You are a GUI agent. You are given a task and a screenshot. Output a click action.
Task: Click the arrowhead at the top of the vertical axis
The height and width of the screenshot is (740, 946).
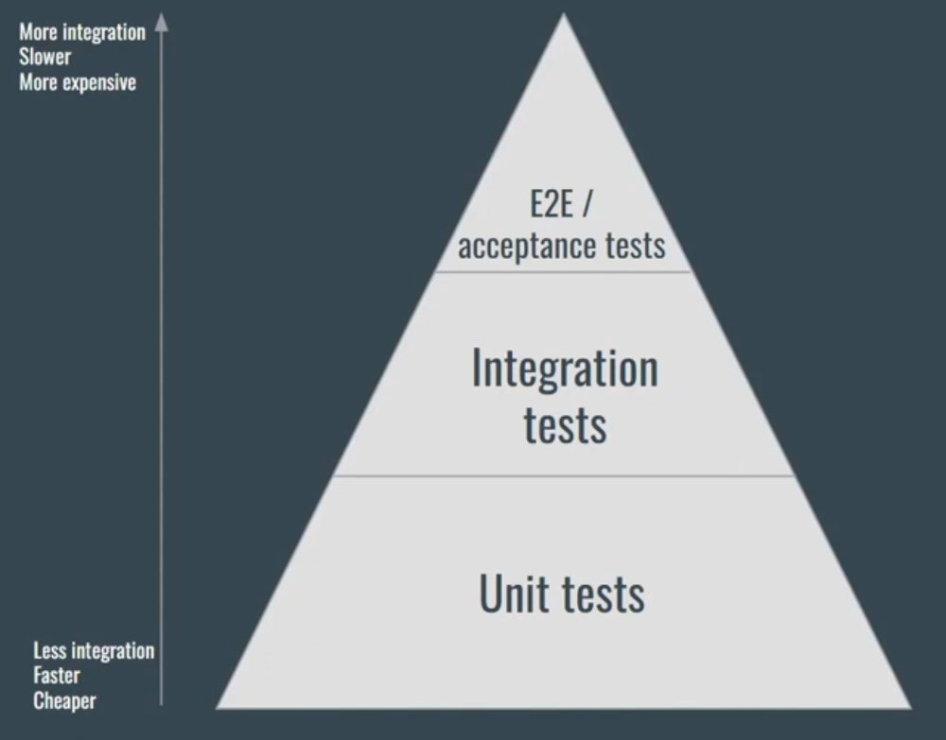tap(161, 22)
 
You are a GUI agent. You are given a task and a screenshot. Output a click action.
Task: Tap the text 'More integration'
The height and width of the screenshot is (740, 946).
tap(82, 33)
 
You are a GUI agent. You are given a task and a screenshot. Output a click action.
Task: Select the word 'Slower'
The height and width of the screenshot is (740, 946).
tap(44, 58)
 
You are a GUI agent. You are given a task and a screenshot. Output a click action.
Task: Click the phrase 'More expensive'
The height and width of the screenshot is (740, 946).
tap(78, 82)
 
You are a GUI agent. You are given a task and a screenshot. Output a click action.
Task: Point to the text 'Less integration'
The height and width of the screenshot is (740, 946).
tap(94, 651)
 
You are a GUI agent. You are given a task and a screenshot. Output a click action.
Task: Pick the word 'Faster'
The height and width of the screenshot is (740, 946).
tap(57, 676)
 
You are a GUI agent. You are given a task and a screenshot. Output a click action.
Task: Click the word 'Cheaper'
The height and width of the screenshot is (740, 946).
tap(64, 701)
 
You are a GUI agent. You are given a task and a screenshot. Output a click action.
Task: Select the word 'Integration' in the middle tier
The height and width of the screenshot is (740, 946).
tap(565, 369)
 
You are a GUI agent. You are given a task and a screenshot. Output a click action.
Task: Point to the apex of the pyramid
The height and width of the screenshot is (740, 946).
tap(565, 16)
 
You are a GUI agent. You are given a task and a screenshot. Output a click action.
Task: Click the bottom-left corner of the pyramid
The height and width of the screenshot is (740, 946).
tap(219, 707)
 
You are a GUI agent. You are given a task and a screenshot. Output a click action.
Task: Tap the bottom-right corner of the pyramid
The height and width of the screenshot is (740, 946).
tap(909, 707)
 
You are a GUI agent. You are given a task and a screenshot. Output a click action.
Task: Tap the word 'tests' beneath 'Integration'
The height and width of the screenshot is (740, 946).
tap(565, 425)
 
